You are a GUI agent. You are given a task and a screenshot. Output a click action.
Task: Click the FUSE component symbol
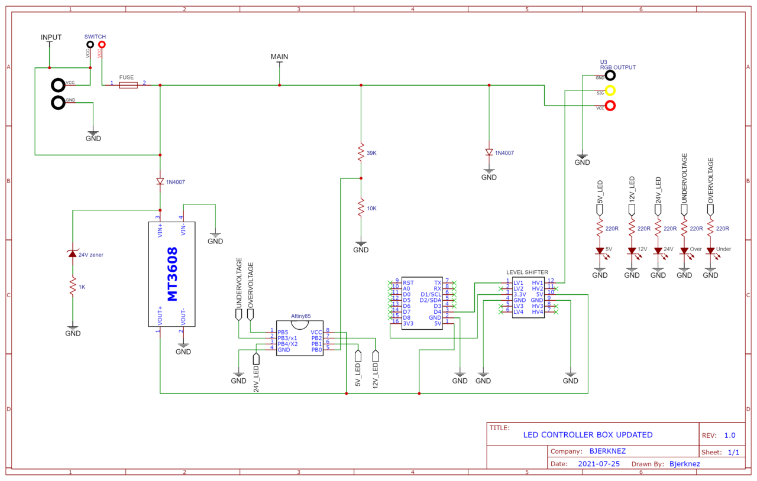[x=128, y=86]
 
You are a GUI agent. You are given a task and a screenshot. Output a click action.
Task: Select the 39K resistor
[x=360, y=152]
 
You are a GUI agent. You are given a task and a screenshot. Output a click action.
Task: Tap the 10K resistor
[x=360, y=208]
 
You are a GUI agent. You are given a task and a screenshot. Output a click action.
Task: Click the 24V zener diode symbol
[x=73, y=254]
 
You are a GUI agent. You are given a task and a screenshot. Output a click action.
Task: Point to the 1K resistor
[x=73, y=286]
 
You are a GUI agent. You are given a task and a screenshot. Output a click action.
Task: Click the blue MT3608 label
[x=172, y=275]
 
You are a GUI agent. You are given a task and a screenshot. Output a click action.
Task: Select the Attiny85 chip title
[x=300, y=316]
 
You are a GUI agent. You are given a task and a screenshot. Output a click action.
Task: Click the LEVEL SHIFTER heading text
[x=527, y=272]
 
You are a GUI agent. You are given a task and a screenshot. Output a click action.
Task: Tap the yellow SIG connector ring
[x=610, y=90]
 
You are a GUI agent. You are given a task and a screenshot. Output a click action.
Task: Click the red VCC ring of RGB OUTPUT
[x=610, y=106]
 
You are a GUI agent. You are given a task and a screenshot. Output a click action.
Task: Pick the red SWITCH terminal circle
[x=102, y=44]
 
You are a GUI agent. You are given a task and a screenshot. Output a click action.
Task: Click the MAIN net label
[x=279, y=57]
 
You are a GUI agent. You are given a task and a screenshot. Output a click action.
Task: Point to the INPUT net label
[x=51, y=37]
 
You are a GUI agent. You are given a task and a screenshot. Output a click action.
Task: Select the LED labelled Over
[x=684, y=251]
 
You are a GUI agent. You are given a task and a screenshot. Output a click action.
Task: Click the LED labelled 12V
[x=632, y=251]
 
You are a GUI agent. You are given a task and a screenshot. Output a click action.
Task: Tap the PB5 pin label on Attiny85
[x=283, y=332]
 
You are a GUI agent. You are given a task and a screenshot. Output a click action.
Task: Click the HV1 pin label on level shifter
[x=536, y=283]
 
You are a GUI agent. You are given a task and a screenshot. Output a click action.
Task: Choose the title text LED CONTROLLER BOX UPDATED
[x=588, y=435]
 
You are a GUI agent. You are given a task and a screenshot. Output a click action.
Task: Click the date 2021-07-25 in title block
[x=599, y=464]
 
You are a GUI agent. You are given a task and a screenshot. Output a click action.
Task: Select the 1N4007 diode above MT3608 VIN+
[x=160, y=181]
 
